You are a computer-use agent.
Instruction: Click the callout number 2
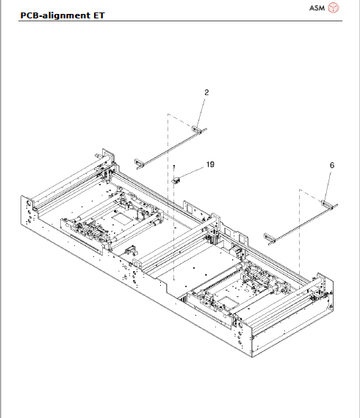click(x=206, y=93)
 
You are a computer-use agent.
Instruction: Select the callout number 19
click(x=210, y=165)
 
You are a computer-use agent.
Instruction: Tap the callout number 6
click(x=331, y=166)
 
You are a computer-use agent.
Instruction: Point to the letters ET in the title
click(x=98, y=15)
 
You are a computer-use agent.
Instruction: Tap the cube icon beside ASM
click(x=334, y=8)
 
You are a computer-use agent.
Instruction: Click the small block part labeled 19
click(x=176, y=177)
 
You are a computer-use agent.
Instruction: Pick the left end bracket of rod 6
click(x=271, y=237)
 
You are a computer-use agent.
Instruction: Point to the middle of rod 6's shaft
click(x=300, y=220)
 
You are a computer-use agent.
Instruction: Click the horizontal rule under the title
click(x=180, y=21)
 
